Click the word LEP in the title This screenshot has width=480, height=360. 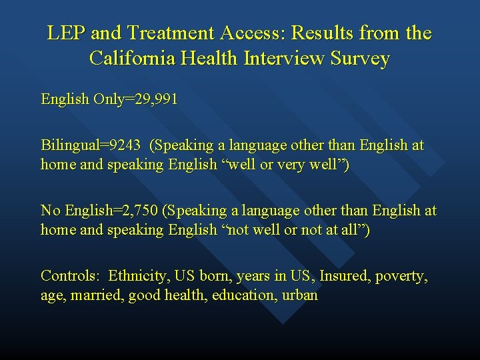pos(65,33)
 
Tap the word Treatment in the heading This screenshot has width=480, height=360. pos(159,33)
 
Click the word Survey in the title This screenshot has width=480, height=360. pos(358,59)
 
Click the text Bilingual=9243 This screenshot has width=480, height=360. pos(91,145)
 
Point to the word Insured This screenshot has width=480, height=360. pos(345,276)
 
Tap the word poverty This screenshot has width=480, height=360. pos(402,276)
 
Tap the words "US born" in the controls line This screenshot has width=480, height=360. pos(207,276)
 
